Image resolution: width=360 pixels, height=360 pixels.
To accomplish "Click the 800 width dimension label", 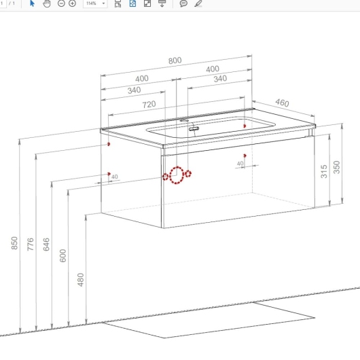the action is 175,60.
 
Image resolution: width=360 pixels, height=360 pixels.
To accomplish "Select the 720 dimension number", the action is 149,105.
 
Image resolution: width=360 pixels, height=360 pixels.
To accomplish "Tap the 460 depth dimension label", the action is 282,103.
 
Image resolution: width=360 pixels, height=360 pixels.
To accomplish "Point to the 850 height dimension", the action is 14,243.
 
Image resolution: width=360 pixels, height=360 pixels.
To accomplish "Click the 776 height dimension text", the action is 31,245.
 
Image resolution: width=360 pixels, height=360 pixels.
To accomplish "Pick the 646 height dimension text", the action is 46,245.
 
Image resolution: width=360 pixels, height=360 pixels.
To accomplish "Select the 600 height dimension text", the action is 62,255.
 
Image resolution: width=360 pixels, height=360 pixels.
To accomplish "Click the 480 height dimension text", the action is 81,280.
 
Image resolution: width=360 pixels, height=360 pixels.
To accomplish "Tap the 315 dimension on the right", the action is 324,171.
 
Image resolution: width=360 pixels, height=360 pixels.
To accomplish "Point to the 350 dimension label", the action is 337,167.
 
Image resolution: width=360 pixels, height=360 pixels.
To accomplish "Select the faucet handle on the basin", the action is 194,129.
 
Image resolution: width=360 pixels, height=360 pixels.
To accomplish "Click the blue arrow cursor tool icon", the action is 32,3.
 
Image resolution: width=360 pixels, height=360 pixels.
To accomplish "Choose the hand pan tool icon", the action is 47,3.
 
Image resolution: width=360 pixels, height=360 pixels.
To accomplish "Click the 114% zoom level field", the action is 95,3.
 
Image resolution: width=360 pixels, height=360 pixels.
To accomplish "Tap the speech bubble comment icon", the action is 183,3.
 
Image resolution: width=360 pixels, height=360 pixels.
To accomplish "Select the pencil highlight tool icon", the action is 198,3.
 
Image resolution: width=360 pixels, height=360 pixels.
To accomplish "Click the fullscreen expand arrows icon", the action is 147,3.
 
